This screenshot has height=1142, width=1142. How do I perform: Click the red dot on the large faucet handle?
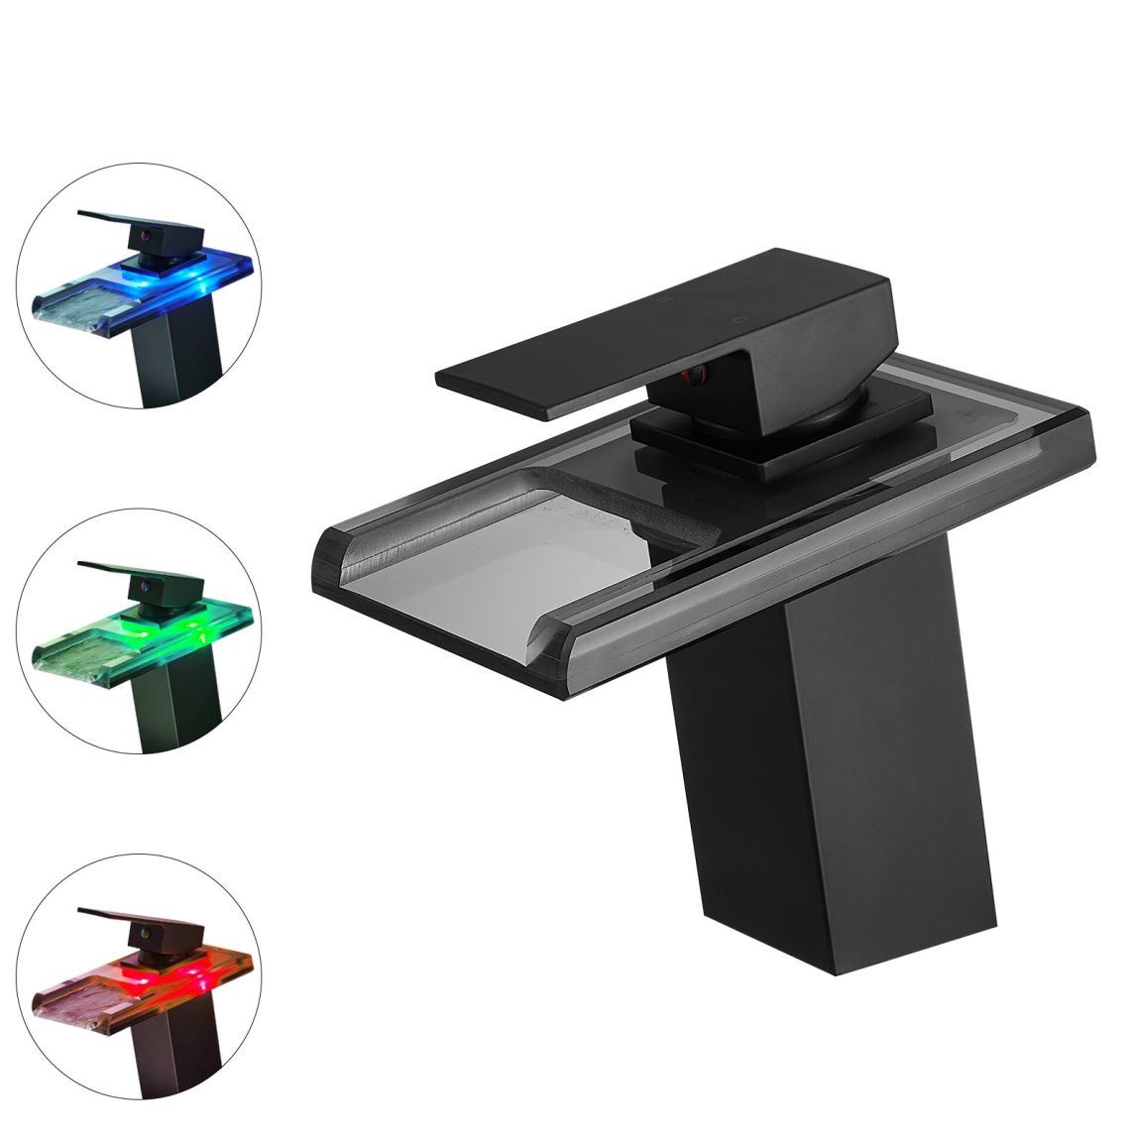[x=697, y=374]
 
